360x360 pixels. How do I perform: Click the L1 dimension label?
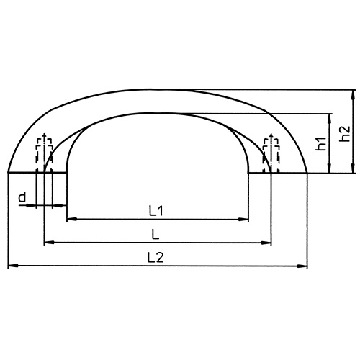coord(157,211)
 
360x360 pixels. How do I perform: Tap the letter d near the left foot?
coord(22,197)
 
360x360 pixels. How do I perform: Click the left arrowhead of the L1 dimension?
coord(70,219)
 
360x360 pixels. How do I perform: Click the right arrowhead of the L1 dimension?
coord(246,219)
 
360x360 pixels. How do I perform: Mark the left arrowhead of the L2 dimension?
coord(11,266)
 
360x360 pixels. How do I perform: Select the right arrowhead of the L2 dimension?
coord(305,266)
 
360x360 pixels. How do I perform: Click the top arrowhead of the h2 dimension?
coord(353,94)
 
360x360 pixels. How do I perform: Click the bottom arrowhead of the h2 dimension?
coord(353,169)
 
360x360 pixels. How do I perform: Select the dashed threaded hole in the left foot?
coord(45,151)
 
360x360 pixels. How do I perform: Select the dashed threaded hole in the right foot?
coord(271,151)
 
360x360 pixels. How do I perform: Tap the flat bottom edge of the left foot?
coord(37,173)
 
